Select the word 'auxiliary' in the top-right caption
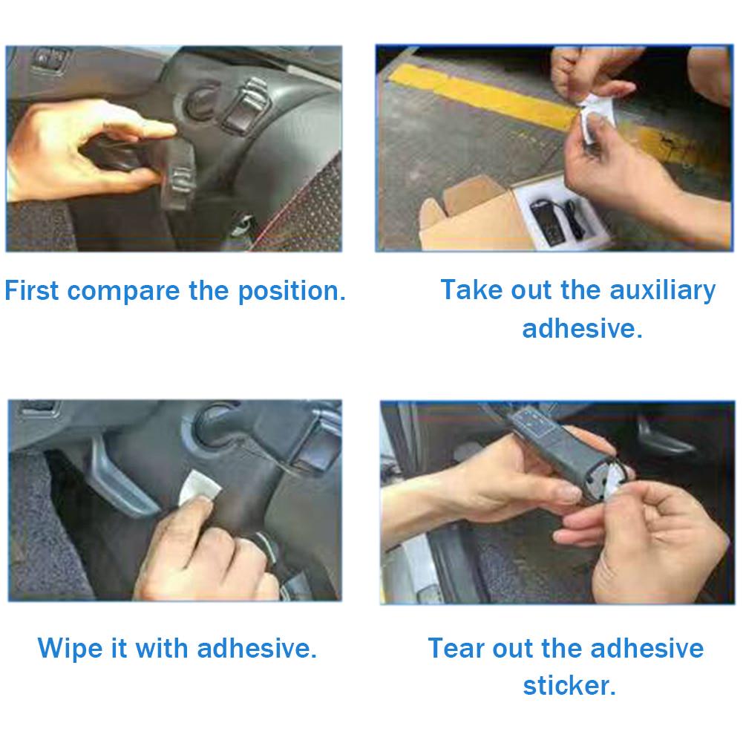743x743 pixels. click(662, 289)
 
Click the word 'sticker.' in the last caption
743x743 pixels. click(569, 685)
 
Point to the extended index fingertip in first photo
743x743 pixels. click(167, 131)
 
